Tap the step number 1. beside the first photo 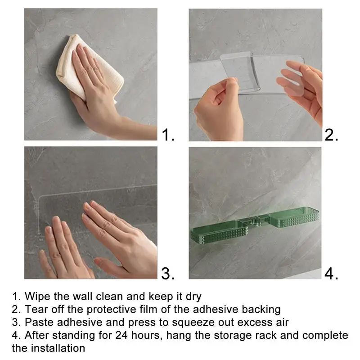(168, 135)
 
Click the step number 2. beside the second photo (331, 135)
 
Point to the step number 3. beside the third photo (168, 273)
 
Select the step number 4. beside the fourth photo (331, 273)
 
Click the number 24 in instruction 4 (121, 335)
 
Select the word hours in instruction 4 (147, 335)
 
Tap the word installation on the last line (58, 348)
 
